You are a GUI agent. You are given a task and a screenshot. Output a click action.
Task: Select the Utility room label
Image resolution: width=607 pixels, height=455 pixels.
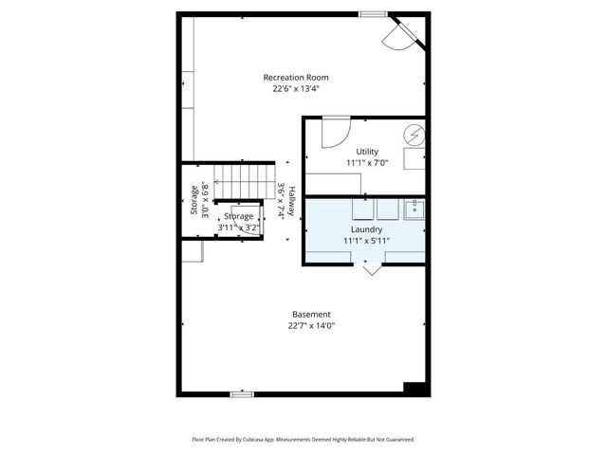point(367,152)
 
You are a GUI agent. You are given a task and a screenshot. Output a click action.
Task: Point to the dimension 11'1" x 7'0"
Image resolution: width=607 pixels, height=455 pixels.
point(367,163)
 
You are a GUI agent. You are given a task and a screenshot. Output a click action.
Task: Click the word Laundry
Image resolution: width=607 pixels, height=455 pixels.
point(366,230)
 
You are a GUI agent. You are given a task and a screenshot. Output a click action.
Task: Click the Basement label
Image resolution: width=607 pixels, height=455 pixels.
point(311,315)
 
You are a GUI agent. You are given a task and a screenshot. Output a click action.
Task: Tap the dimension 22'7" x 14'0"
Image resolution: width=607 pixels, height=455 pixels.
point(311,326)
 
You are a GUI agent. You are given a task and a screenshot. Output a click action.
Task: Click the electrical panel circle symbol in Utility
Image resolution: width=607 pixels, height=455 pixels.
point(415,136)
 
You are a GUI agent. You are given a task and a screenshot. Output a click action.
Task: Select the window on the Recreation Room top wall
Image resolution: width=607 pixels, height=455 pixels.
point(373,13)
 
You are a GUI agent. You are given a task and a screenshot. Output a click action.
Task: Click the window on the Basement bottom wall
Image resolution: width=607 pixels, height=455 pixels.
point(242,393)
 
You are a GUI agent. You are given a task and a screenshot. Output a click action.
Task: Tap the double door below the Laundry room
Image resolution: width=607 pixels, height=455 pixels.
point(371,268)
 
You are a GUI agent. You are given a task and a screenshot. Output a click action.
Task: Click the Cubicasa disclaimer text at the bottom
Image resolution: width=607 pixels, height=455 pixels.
point(303,440)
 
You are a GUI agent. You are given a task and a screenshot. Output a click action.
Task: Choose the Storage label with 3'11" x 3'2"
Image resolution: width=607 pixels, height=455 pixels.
point(238,217)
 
